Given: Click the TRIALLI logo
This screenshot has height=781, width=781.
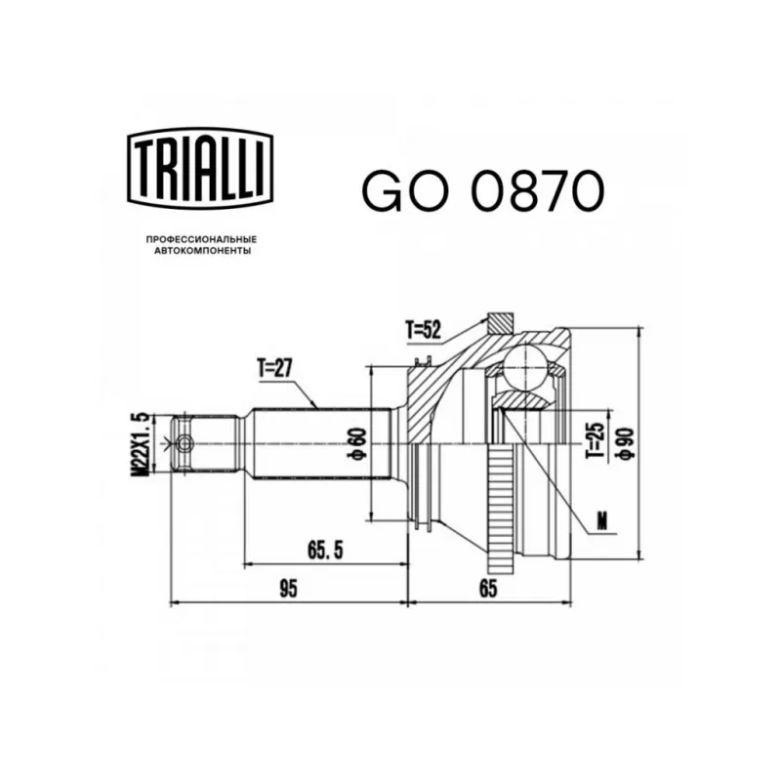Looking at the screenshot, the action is coord(201,168).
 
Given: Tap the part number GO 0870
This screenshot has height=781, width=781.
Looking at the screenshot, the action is coord(483,190).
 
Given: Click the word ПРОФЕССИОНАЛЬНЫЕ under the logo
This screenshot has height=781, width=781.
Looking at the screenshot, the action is coord(202,239).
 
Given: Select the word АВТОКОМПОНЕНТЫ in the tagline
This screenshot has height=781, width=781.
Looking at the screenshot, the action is coord(202,251).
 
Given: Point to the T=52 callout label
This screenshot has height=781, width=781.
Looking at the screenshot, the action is coord(424,329).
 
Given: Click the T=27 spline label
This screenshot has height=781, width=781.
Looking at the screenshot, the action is coord(274,369).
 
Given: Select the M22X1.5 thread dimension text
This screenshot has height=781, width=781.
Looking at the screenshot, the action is coord(141,444).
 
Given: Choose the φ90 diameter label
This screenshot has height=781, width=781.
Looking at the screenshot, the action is coord(626,443).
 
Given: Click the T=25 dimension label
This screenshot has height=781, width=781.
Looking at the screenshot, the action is coord(595,441).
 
